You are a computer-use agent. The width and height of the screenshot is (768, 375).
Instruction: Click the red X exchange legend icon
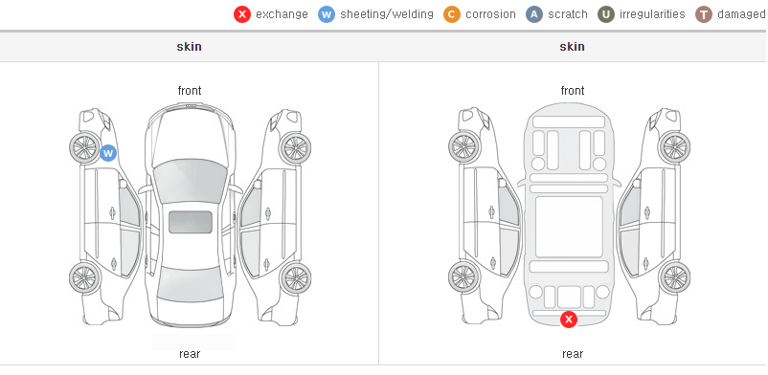pyautogui.click(x=242, y=14)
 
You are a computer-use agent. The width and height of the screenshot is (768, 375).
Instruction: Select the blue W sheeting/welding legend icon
pyautogui.click(x=327, y=14)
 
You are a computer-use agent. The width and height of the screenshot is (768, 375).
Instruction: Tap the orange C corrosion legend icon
pyautogui.click(x=452, y=14)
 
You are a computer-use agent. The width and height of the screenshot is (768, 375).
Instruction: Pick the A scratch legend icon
pyautogui.click(x=534, y=14)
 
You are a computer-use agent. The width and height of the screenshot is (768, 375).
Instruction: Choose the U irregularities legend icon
pyautogui.click(x=606, y=14)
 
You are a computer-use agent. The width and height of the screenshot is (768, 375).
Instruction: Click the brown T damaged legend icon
pyautogui.click(x=703, y=14)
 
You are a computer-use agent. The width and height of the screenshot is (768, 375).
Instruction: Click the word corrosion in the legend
pyautogui.click(x=491, y=14)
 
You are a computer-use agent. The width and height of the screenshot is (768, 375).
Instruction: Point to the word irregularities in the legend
pyautogui.click(x=652, y=14)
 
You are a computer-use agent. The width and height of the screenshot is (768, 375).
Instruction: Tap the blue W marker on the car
pyautogui.click(x=108, y=153)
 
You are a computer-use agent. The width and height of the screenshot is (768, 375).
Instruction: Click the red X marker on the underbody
pyautogui.click(x=569, y=320)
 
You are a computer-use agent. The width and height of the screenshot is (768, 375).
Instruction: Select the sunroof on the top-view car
pyautogui.click(x=191, y=222)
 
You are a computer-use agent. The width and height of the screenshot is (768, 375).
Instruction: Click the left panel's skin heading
pyautogui.click(x=189, y=47)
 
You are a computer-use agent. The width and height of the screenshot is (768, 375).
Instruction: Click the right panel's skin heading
pyautogui.click(x=572, y=47)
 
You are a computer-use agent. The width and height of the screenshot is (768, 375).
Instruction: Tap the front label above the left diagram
pyautogui.click(x=190, y=91)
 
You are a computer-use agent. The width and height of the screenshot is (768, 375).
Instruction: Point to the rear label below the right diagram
pyautogui.click(x=573, y=354)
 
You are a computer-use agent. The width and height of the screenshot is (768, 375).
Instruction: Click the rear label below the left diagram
pyautogui.click(x=190, y=354)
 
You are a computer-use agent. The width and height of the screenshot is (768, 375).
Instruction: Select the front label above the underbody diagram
pyautogui.click(x=573, y=91)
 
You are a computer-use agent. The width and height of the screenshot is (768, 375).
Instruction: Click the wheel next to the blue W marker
pyautogui.click(x=85, y=147)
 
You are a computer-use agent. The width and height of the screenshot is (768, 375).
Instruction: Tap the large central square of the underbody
pyautogui.click(x=569, y=227)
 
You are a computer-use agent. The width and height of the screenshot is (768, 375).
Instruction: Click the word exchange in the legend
pyautogui.click(x=282, y=14)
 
